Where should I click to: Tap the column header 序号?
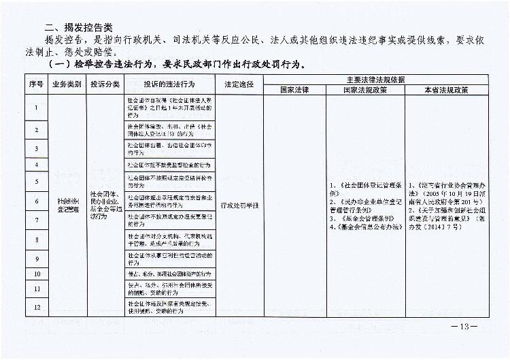coord(36,84)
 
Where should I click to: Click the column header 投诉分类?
coord(105,84)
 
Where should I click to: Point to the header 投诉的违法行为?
coord(169,84)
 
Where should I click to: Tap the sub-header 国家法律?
coord(294,89)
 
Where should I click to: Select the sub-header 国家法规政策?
coord(364,89)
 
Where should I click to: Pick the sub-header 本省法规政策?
coord(445,89)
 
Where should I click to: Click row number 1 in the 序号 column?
coord(36,107)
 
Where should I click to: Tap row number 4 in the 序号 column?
coord(36,165)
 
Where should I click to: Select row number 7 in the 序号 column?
coord(36,220)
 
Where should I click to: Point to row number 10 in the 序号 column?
coord(36,274)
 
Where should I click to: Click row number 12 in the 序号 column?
coord(36,306)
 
